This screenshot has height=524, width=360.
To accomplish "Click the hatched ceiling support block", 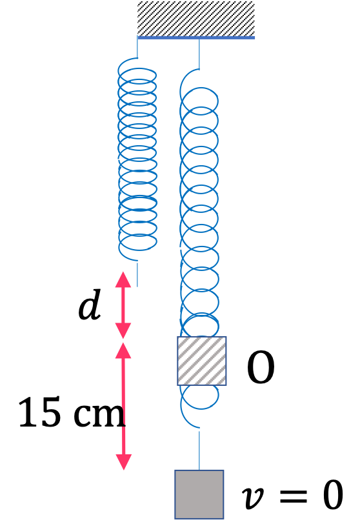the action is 196,19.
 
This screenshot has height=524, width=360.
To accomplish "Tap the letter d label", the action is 89,305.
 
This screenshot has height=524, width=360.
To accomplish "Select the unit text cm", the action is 99,416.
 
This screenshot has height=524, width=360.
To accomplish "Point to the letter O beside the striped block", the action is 261,367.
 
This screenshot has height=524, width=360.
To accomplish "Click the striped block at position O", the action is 202,361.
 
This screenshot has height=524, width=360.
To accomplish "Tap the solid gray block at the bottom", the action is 199,494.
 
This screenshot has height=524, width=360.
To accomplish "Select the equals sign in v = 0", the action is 294,496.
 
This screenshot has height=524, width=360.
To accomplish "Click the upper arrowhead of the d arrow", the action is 123,279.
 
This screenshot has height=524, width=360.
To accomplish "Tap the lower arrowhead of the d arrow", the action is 123,331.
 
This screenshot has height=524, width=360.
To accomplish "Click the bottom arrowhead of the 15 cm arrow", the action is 124,462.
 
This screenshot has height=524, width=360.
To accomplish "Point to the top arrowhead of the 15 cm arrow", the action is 123,350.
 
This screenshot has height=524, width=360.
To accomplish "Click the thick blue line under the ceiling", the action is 196,38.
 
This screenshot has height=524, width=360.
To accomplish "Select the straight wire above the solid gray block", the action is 199,450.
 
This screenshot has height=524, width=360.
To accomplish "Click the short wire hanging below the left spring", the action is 137,274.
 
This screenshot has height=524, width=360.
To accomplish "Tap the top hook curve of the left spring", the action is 126,63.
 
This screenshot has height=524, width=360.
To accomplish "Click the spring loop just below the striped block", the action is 200,397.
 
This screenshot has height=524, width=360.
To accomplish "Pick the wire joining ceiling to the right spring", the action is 199,54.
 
